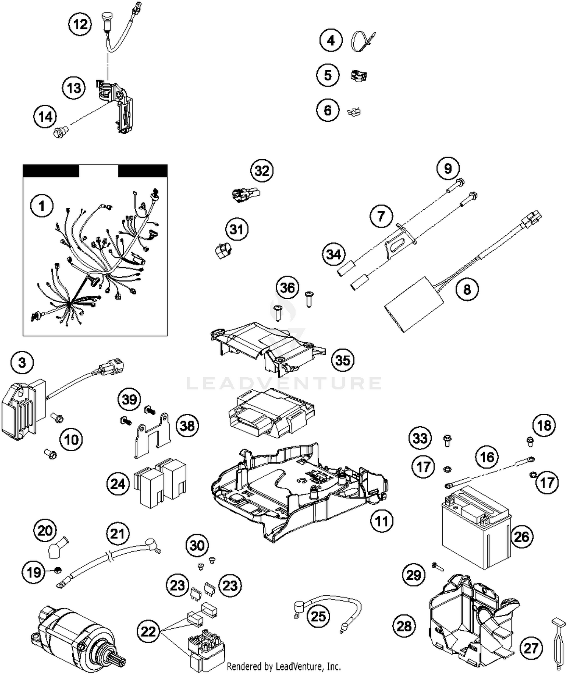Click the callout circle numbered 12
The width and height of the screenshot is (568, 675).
(x=80, y=25)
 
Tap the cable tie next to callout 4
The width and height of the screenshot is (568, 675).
(x=362, y=41)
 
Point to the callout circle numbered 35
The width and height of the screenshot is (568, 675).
(x=343, y=360)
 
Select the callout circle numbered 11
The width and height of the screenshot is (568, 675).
(x=381, y=521)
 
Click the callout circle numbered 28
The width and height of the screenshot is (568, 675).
(x=404, y=625)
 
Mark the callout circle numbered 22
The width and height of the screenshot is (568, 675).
(x=148, y=631)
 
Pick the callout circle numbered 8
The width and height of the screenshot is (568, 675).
(x=467, y=289)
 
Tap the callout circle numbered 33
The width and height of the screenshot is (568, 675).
(x=420, y=438)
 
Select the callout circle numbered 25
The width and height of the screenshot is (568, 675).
(x=318, y=616)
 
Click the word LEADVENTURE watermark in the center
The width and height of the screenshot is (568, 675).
(x=284, y=383)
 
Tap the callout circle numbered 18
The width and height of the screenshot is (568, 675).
(x=544, y=425)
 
